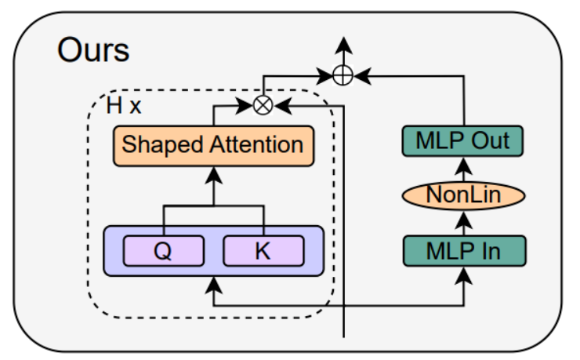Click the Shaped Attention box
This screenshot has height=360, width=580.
coord(213,146)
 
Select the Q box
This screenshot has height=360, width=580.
coord(164,251)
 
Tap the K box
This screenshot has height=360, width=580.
coord(263,251)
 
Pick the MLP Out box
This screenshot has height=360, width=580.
coord(462,141)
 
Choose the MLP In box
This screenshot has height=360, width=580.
coord(464,251)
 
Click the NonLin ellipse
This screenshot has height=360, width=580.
coord(463,195)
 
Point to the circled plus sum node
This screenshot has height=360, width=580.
coord(343,75)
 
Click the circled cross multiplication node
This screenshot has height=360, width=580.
coord(263,105)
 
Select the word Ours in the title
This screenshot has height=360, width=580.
coord(93,50)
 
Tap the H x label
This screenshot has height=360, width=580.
coord(124,105)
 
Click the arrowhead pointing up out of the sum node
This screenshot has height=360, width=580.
coord(343,45)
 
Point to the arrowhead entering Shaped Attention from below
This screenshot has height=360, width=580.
coord(213,176)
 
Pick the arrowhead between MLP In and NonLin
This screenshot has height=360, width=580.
coord(463,220)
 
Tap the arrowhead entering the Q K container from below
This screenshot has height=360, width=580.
coord(213,285)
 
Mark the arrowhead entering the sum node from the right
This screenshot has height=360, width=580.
coord(362,76)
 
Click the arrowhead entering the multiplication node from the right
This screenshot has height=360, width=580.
coord(283,106)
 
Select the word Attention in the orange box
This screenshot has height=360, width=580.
coord(256,144)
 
